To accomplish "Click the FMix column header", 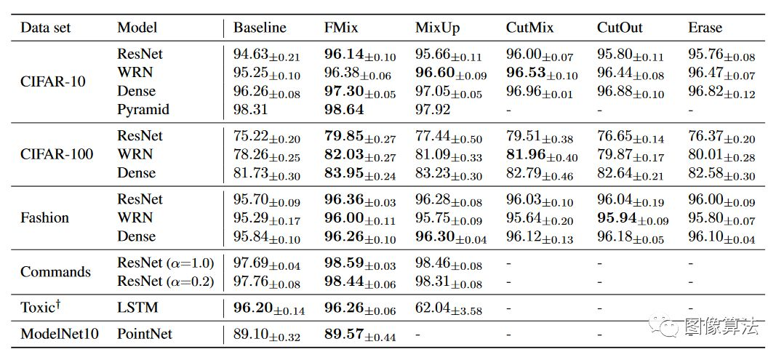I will pos(340,28).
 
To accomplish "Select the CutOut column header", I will pos(617,28).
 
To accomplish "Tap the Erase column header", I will pos(705,28).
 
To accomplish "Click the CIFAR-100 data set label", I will pos(57,154).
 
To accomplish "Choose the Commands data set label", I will pos(55,272).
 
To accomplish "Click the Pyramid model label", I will pos(143,110).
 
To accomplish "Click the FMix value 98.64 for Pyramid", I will pos(344,110).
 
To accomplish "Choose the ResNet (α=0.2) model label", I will pos(165,281).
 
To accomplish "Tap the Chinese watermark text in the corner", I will pos(721,327).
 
